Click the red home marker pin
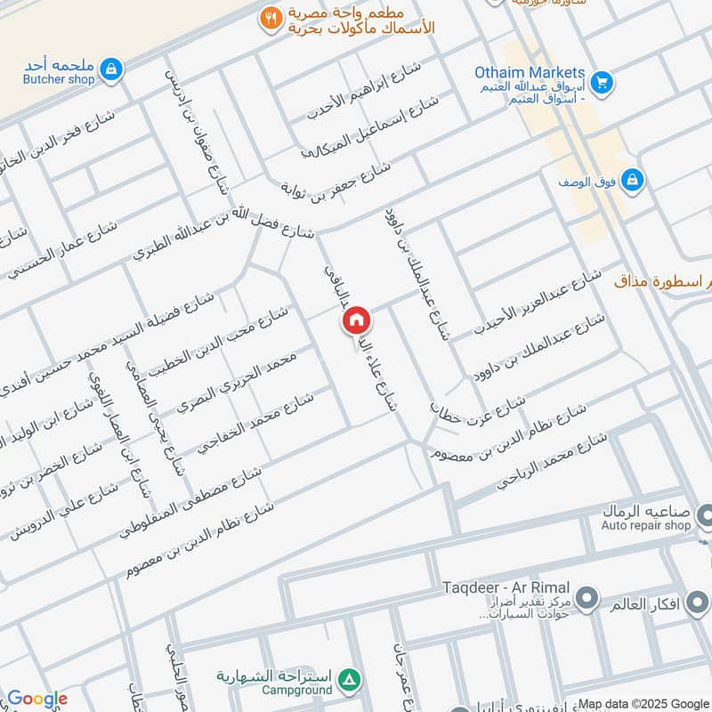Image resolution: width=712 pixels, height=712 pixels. click(x=356, y=320)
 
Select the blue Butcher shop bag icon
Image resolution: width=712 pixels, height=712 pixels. click(x=110, y=69)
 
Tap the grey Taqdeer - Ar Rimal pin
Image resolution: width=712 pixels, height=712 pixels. click(x=587, y=597)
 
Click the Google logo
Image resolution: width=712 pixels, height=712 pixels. click(x=36, y=699)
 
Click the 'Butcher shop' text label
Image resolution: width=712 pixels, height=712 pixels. click(x=59, y=79)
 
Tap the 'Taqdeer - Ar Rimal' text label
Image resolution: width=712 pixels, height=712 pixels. click(x=508, y=588)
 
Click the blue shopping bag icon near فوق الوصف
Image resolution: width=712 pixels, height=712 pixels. click(x=631, y=181)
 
